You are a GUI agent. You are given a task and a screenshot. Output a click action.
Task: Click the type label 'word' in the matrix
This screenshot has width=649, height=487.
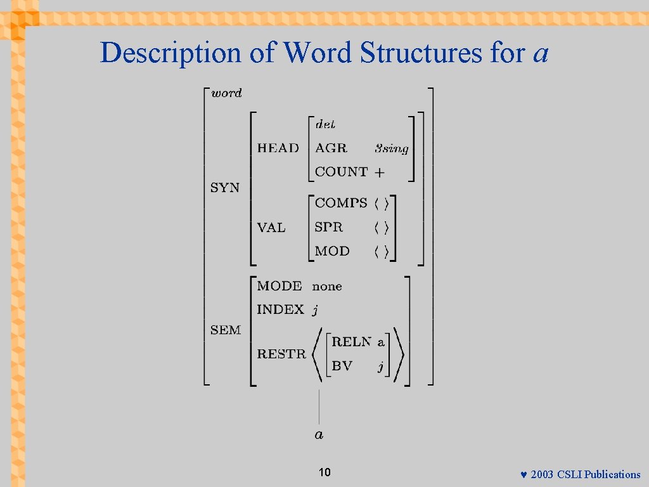(226, 93)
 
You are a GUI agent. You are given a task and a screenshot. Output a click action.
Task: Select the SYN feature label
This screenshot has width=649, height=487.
(225, 188)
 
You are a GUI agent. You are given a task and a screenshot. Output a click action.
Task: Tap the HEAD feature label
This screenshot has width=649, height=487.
(278, 148)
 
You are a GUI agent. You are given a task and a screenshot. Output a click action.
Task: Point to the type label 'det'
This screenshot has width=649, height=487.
(325, 124)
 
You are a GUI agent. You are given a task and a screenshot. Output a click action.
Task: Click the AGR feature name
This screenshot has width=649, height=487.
(331, 148)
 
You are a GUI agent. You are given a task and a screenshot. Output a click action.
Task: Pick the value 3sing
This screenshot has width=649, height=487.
(391, 149)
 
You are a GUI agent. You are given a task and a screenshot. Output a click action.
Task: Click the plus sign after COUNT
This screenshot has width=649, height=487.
(380, 172)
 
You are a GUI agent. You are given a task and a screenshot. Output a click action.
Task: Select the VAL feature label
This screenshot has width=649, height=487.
(271, 228)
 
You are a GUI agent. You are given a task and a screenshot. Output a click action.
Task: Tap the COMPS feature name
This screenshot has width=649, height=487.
(341, 203)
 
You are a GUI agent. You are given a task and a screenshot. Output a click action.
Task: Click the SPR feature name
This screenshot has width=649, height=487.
(328, 227)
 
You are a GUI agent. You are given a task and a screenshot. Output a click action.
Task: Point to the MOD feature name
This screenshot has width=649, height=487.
(332, 251)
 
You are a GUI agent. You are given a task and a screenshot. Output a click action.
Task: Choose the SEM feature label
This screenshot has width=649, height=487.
(226, 330)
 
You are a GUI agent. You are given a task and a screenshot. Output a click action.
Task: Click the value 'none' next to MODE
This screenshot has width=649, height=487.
(327, 287)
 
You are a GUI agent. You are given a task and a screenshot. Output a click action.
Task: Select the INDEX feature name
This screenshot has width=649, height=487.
(280, 310)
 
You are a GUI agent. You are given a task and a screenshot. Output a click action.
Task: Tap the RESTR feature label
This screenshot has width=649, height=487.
(281, 354)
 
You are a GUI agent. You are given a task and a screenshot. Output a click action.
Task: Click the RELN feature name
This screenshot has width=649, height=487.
(351, 342)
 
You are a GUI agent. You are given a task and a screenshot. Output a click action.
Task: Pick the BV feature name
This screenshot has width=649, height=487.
(342, 366)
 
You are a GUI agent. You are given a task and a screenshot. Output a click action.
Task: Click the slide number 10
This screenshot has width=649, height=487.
(324, 473)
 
